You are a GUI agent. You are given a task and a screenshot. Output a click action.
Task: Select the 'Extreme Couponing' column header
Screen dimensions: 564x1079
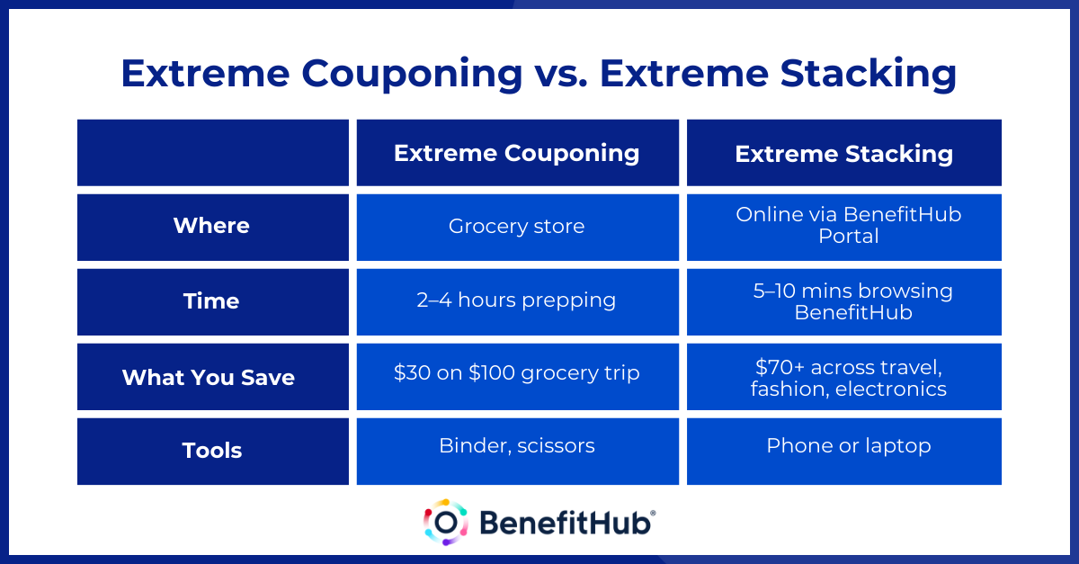click(x=517, y=153)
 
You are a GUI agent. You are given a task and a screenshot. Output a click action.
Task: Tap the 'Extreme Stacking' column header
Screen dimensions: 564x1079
click(x=843, y=153)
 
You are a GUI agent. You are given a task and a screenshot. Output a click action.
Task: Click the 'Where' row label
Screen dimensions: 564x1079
click(x=212, y=227)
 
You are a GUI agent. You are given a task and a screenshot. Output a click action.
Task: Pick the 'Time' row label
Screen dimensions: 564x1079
click(x=212, y=301)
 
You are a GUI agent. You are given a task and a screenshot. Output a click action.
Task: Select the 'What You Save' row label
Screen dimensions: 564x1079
click(x=212, y=376)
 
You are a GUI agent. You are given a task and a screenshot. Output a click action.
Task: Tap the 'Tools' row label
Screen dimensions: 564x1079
click(x=212, y=451)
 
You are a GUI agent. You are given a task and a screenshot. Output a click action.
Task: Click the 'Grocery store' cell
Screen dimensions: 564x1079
click(x=517, y=227)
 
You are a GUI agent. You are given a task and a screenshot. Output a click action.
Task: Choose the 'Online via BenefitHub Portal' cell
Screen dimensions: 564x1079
click(x=843, y=226)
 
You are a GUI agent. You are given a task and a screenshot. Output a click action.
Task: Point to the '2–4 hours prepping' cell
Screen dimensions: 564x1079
click(x=517, y=300)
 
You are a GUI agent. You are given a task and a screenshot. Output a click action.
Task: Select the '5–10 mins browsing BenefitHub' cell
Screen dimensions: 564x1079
click(x=843, y=301)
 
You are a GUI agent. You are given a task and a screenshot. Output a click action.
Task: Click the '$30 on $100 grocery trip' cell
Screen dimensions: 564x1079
click(x=517, y=372)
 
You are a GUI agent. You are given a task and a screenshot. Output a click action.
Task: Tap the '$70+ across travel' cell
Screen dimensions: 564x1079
click(x=843, y=377)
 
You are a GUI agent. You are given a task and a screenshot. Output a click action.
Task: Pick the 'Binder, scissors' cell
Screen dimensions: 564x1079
click(x=517, y=446)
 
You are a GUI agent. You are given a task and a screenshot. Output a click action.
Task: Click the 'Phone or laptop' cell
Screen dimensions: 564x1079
click(x=843, y=446)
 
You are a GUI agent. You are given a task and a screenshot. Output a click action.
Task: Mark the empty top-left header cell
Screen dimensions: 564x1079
click(x=212, y=153)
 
